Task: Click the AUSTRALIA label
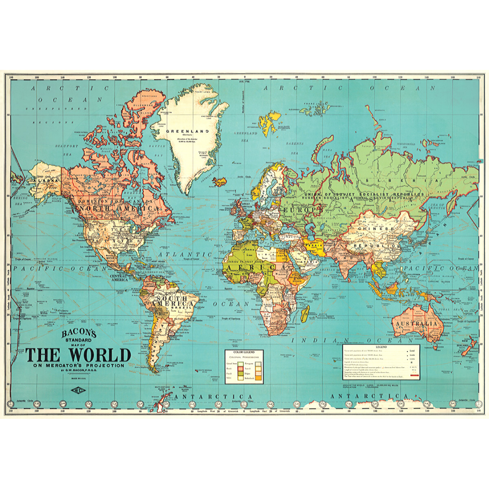(x=416, y=325)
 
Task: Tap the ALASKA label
(x=43, y=181)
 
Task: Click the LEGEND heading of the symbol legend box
(x=380, y=348)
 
